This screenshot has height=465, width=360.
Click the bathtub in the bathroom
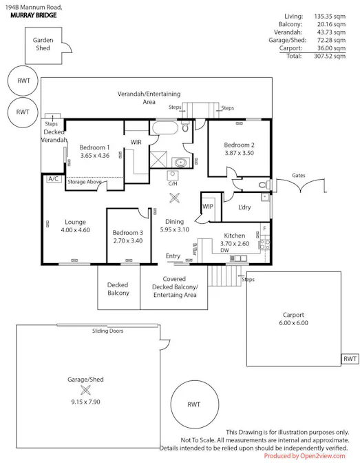tap(165, 128)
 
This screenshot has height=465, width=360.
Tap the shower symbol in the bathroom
tap(158, 159)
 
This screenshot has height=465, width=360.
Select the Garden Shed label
tap(43, 44)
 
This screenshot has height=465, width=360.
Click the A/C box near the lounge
tap(53, 179)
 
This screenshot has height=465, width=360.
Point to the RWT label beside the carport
tap(350, 359)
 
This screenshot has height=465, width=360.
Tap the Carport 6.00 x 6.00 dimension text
tap(293, 323)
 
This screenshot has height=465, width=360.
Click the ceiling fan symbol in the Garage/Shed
tap(85, 390)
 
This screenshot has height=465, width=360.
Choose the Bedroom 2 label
tap(239, 145)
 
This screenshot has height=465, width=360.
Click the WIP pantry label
tap(208, 207)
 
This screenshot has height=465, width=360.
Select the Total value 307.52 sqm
tap(330, 56)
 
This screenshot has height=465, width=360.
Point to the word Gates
tap(298, 175)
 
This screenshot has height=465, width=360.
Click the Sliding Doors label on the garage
tap(107, 331)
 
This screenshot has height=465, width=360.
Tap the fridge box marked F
tap(264, 229)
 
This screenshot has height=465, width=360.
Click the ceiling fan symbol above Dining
tap(175, 198)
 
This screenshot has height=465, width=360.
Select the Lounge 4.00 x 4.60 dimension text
tap(75, 230)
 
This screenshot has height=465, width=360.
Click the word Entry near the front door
tap(173, 256)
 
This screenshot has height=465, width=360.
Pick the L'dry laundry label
tap(244, 207)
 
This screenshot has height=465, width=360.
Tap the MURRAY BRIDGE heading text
tap(34, 15)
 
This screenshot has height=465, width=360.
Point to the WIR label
tap(136, 143)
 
